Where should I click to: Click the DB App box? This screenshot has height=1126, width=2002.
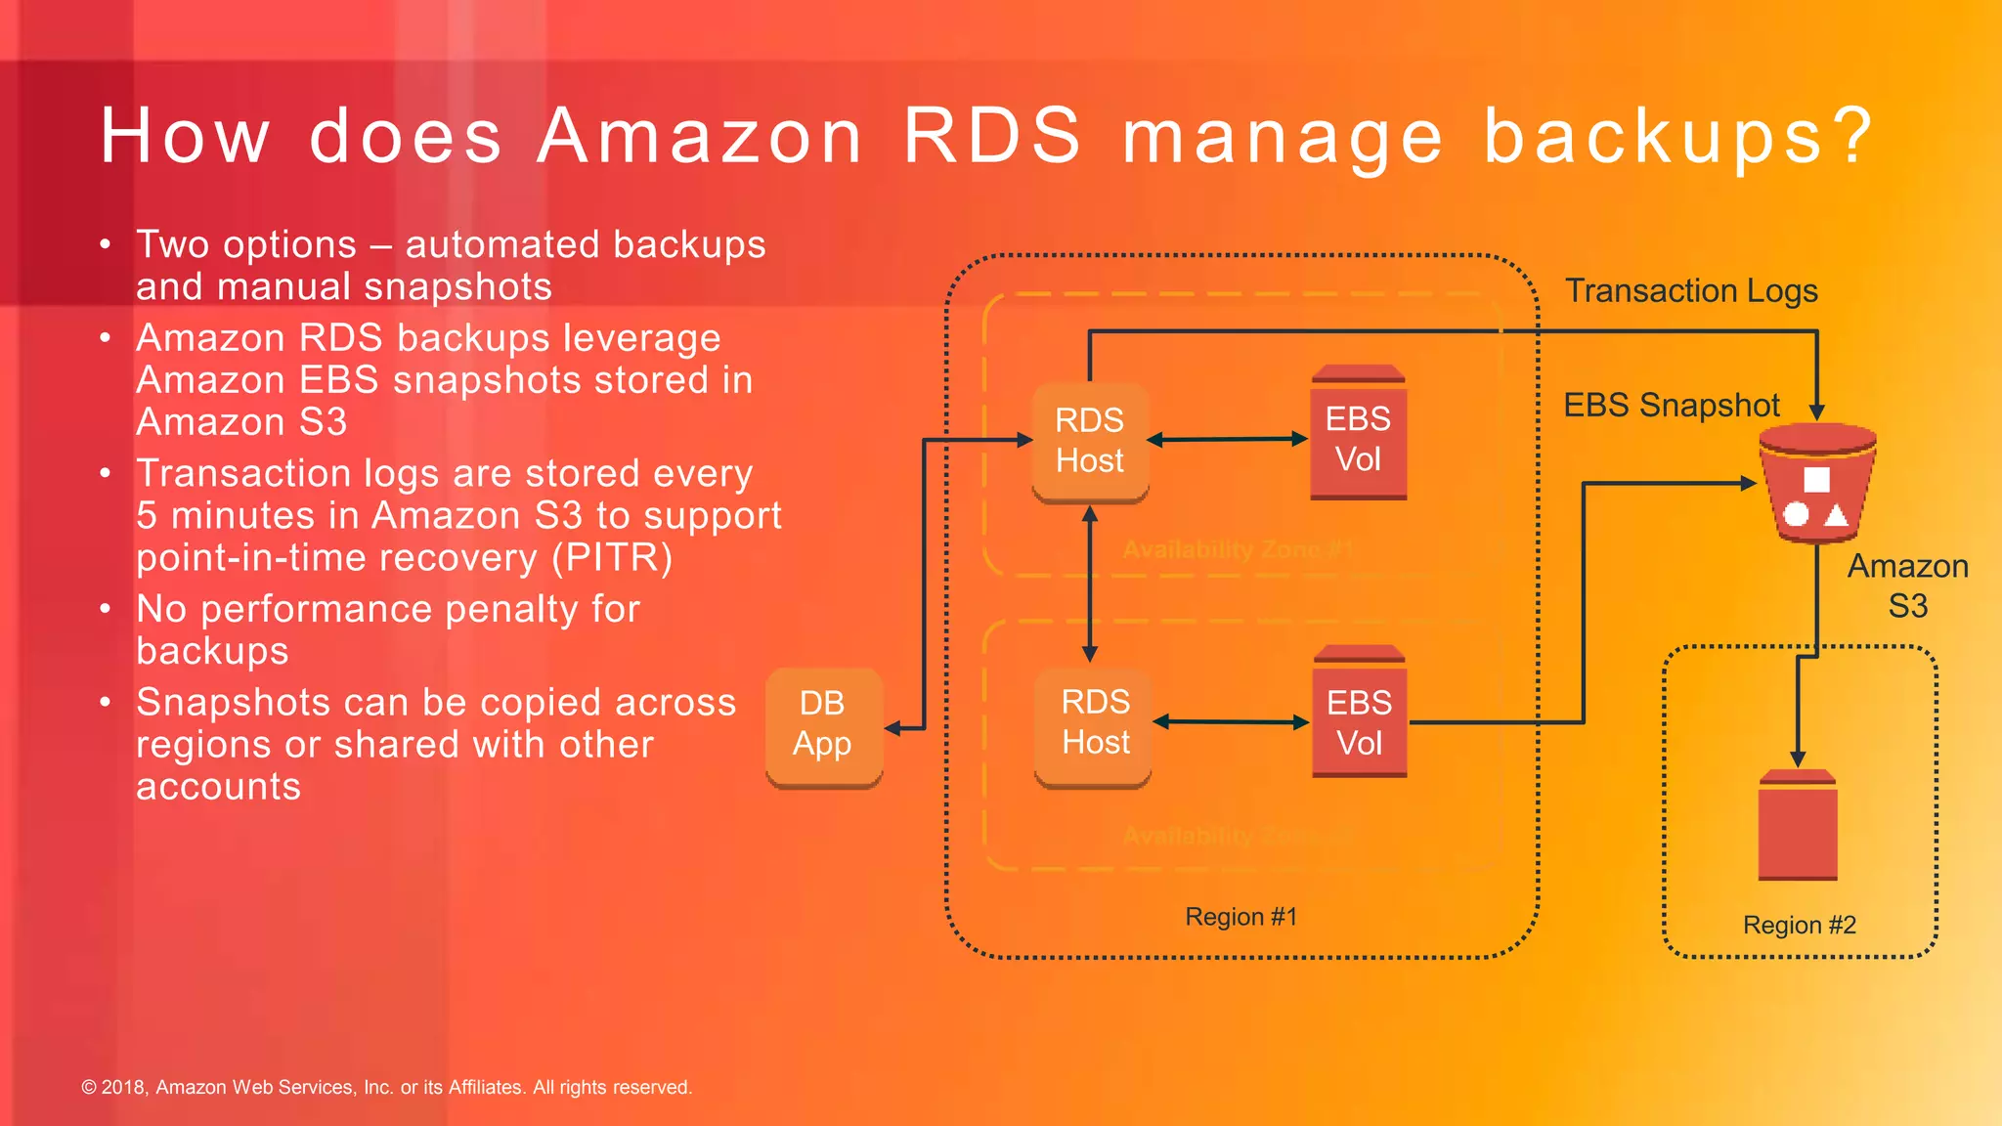tap(823, 725)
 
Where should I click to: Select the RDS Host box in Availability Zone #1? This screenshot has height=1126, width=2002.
tap(1090, 442)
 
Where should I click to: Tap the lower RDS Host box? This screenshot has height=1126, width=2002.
tap(1094, 724)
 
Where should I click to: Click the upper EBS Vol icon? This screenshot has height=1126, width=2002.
tap(1358, 435)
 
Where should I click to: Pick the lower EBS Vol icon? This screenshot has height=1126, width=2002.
tap(1360, 715)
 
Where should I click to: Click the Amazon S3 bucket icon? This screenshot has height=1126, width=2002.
tap(1816, 485)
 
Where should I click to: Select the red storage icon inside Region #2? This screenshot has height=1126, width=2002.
tap(1797, 827)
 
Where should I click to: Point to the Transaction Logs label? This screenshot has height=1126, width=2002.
tap(1691, 291)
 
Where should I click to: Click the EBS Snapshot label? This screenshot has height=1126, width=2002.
tap(1671, 406)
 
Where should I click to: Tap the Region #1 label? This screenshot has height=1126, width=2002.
tap(1240, 917)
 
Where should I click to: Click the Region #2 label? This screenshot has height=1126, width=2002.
tap(1799, 925)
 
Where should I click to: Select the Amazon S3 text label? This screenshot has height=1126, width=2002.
tap(1907, 586)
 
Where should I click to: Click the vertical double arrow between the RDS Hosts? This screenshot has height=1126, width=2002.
tap(1090, 585)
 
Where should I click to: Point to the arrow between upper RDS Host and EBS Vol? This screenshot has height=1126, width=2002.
tap(1227, 440)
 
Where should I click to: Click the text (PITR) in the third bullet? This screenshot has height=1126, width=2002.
tap(612, 558)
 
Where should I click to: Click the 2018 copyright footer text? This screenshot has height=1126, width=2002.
tap(386, 1087)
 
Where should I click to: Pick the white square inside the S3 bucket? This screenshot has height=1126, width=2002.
tap(1816, 479)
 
